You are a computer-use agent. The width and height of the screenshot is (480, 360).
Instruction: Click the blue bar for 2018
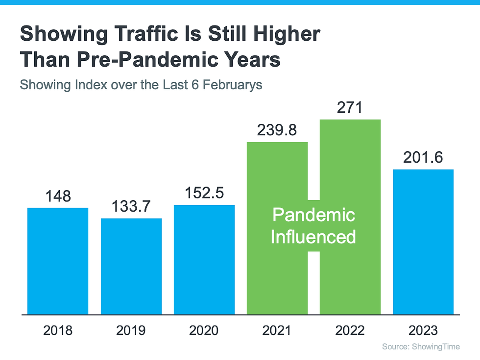pyautogui.click(x=58, y=261)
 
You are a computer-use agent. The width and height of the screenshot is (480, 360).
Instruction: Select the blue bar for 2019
pyautogui.click(x=131, y=266)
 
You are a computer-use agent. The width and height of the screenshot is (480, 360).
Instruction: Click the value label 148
pyautogui.click(x=58, y=196)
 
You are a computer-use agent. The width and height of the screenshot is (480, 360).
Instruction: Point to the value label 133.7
pyautogui.click(x=131, y=207)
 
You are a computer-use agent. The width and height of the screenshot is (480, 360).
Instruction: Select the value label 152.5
pyautogui.click(x=204, y=193)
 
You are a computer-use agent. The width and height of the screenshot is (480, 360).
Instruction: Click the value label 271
pyautogui.click(x=350, y=107)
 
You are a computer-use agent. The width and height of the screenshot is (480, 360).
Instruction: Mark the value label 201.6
pyautogui.click(x=423, y=158)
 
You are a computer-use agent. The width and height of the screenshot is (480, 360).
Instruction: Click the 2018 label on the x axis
pyautogui.click(x=58, y=331)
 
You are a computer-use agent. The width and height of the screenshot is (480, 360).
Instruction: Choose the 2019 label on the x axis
pyautogui.click(x=131, y=331)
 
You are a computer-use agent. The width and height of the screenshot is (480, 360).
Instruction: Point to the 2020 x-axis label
pyautogui.click(x=204, y=331)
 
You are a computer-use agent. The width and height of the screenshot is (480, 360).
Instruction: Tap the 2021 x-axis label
pyautogui.click(x=277, y=331)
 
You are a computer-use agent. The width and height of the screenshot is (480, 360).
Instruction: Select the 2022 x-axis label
pyautogui.click(x=350, y=331)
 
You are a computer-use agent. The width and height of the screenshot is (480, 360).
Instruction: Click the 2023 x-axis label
pyautogui.click(x=423, y=331)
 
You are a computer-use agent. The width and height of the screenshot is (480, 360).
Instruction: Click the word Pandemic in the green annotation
pyautogui.click(x=313, y=215)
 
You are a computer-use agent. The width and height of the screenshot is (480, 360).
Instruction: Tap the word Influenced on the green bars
pyautogui.click(x=313, y=237)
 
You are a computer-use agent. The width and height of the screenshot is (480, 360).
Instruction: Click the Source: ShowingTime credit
pyautogui.click(x=421, y=347)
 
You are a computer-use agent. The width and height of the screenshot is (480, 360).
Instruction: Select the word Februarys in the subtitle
pyautogui.click(x=233, y=85)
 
